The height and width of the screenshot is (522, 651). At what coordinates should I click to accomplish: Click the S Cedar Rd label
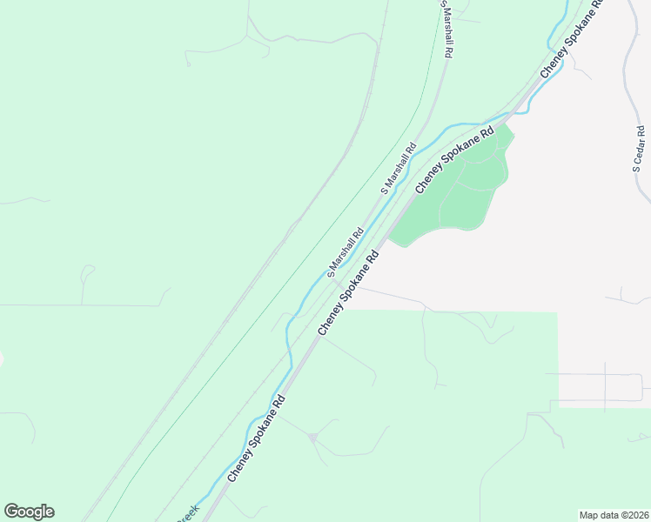coord(640,156)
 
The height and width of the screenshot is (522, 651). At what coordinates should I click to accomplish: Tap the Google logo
coord(29,512)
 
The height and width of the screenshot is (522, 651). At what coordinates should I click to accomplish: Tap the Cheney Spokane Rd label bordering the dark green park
coord(454,159)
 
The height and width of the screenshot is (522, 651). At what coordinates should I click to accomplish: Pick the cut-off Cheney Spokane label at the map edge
coord(571,39)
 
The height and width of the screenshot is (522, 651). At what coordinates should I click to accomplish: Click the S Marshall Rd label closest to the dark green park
coord(399,168)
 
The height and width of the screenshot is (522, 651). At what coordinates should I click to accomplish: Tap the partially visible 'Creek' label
coord(188,514)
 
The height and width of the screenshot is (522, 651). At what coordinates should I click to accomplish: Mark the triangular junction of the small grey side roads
coord(312,436)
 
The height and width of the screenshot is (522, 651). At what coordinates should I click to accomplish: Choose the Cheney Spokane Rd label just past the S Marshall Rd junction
coord(351,294)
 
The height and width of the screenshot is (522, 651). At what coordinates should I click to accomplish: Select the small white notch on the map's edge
coord(2,358)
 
